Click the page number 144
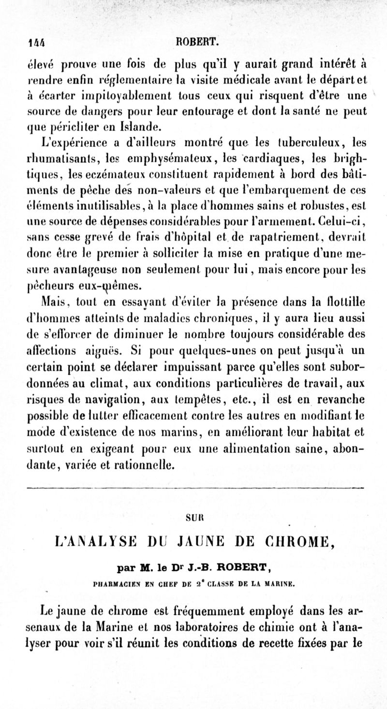35,42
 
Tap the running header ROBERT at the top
194,42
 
